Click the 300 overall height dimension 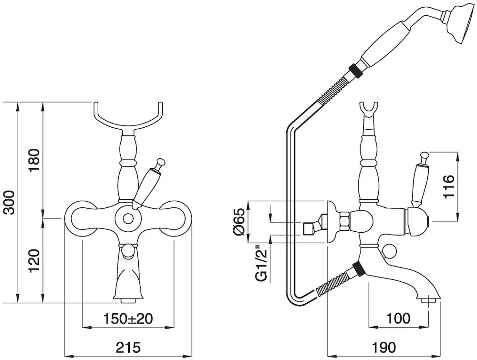click(x=10, y=202)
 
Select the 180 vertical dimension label click(x=34, y=160)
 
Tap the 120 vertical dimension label click(x=34, y=261)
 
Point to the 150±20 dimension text click(x=128, y=319)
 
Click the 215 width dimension click(x=128, y=347)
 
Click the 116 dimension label click(x=449, y=186)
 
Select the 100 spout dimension click(x=398, y=319)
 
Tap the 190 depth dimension click(x=384, y=347)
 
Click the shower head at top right click(x=459, y=24)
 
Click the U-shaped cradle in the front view click(x=128, y=125)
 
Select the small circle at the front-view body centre click(x=128, y=218)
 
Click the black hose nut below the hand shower click(x=355, y=71)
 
